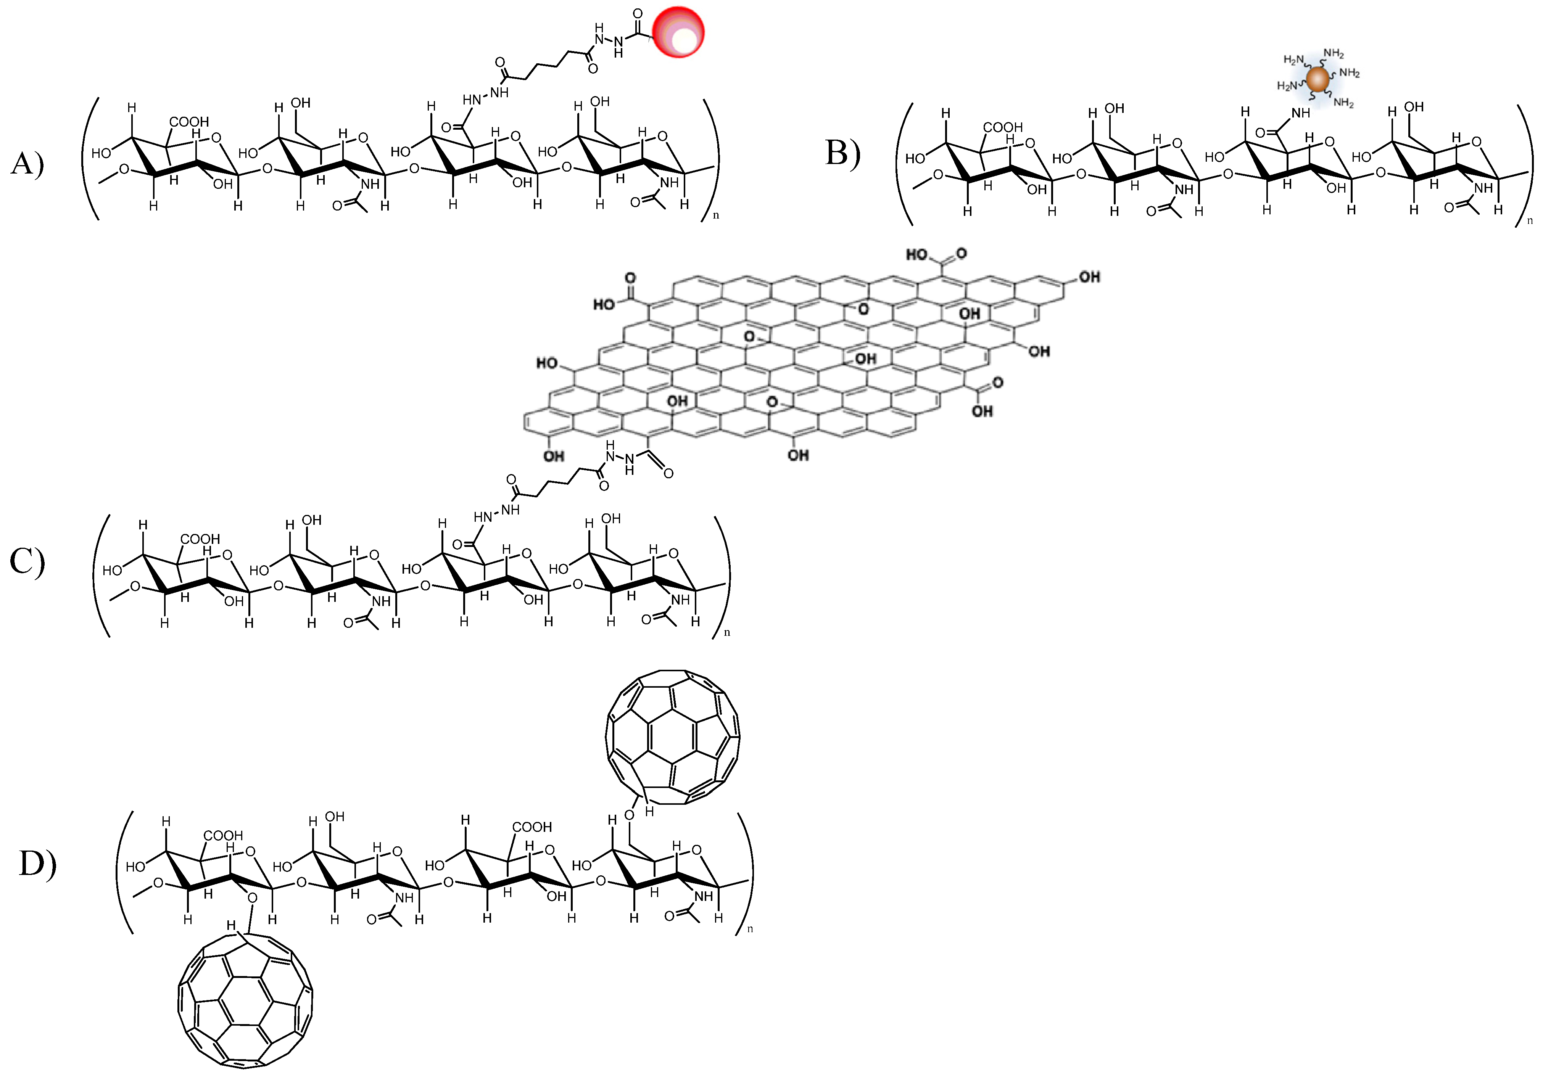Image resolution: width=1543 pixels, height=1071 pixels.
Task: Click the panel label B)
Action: click(842, 153)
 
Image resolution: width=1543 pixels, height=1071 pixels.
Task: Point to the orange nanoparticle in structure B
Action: click(1318, 79)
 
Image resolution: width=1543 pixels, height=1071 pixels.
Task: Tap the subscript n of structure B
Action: click(1530, 221)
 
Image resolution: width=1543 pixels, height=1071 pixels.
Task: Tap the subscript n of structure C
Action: click(727, 632)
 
